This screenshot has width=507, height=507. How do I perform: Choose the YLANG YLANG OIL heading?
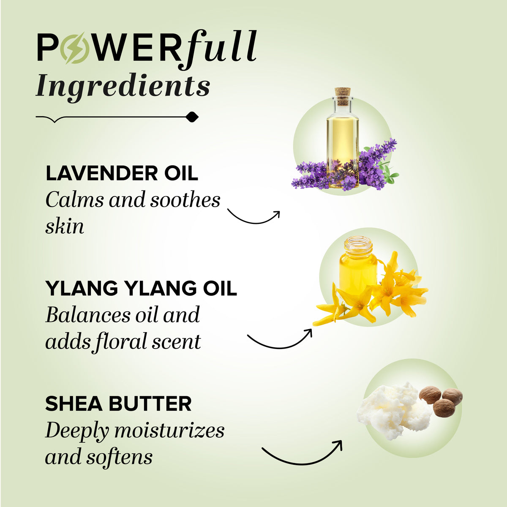141,288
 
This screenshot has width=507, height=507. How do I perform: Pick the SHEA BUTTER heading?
118,403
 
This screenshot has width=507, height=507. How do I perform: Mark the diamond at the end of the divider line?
192,117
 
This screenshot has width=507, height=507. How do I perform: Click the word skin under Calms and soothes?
65,226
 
